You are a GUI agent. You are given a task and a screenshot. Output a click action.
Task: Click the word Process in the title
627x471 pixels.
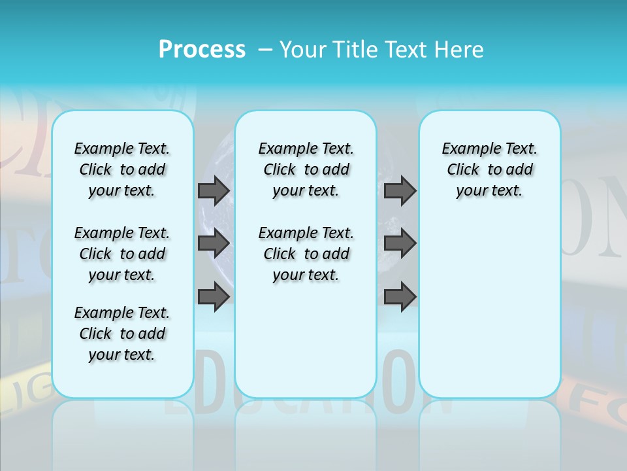click(x=202, y=50)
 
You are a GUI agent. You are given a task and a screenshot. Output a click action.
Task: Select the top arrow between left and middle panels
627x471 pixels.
click(x=214, y=190)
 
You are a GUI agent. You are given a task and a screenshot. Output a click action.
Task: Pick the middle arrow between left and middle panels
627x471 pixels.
click(x=214, y=243)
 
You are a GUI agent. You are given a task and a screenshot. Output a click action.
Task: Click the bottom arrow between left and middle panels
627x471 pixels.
click(x=214, y=296)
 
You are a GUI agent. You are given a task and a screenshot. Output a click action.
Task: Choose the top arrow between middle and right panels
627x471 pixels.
click(x=400, y=190)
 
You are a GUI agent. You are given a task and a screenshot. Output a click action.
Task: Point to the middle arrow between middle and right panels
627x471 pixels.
click(x=400, y=243)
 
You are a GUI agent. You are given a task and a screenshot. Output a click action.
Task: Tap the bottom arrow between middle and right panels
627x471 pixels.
click(x=400, y=296)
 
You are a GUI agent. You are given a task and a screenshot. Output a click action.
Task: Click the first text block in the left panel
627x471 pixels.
click(x=122, y=169)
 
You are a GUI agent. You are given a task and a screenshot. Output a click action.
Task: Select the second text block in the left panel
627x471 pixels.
click(x=122, y=254)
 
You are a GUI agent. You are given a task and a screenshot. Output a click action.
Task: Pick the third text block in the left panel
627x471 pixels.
click(x=122, y=334)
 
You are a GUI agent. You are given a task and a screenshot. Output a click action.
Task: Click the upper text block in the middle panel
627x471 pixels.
click(x=306, y=169)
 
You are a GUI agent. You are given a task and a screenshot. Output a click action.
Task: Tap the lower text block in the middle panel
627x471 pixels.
click(x=306, y=254)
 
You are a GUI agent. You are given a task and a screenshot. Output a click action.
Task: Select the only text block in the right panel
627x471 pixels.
click(x=489, y=169)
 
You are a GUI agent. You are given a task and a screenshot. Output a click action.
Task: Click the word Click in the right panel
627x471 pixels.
click(x=463, y=170)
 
